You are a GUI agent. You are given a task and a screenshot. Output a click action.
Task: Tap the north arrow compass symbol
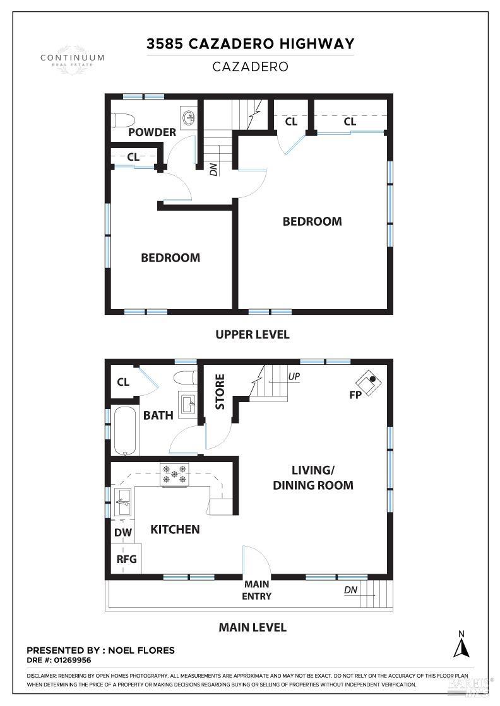click(x=461, y=644)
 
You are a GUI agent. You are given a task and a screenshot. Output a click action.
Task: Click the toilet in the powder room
click(x=122, y=119)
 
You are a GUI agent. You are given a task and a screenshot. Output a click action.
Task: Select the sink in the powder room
click(x=188, y=117)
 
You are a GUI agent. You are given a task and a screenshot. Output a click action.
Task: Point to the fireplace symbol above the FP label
click(x=368, y=381)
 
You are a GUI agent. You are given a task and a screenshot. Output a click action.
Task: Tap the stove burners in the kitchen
click(x=175, y=475)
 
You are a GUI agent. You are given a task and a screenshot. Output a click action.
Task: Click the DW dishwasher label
click(x=123, y=533)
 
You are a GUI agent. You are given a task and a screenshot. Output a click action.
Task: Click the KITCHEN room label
click(x=175, y=529)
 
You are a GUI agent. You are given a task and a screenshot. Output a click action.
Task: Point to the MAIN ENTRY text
click(x=257, y=590)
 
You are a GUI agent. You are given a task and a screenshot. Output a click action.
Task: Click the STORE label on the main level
click(x=220, y=391)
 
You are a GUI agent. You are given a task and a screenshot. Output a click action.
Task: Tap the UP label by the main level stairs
click(x=294, y=376)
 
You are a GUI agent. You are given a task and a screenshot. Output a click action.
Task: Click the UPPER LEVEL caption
click(x=252, y=334)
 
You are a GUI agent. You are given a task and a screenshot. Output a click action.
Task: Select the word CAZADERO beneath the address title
click(x=250, y=66)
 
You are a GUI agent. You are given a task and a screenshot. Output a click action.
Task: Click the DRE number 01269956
click(x=73, y=661)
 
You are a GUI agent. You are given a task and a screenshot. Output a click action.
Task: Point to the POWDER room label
click(x=152, y=132)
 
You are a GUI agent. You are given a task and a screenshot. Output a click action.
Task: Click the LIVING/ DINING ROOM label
click(x=312, y=477)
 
